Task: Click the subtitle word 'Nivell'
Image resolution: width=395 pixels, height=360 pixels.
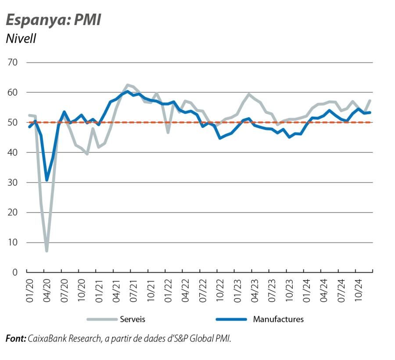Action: [x=21, y=39]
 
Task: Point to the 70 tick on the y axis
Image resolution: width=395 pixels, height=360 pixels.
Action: [x=12, y=62]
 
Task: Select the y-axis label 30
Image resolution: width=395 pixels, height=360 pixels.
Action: [x=12, y=183]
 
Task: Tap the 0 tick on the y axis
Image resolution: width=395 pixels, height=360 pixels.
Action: [x=14, y=273]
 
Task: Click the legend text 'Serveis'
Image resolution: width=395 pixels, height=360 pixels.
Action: [x=133, y=319]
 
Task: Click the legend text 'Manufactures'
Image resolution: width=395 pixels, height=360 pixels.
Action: [x=278, y=319]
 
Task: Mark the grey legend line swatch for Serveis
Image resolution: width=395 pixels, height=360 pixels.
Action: [x=101, y=319]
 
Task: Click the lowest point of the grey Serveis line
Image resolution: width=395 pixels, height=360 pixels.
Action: [x=47, y=251]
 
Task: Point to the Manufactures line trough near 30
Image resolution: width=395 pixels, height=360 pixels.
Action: [x=47, y=180]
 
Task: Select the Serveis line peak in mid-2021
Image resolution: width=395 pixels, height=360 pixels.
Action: [x=127, y=85]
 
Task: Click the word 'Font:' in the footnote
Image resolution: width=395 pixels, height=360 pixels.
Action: [x=15, y=338]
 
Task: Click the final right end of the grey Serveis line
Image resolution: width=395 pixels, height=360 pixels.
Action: [x=370, y=101]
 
